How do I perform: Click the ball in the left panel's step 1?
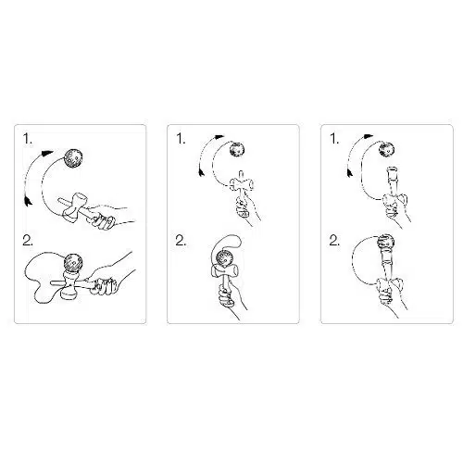pos(73,159)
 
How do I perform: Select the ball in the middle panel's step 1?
pos(238,150)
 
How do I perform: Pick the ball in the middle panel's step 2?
pos(224,258)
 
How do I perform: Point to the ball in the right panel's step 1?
pos(387,150)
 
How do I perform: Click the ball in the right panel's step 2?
pos(386,243)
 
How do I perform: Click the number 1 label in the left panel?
pos(28,139)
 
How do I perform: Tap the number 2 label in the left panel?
pos(28,241)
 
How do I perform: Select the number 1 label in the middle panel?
pos(181,139)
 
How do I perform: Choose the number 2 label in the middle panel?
pos(181,241)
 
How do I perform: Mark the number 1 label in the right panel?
pos(334,139)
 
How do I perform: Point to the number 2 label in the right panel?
pos(334,241)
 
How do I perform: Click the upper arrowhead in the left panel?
pos(47,153)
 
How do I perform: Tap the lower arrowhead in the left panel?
pos(28,201)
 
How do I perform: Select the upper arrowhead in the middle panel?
pos(219,136)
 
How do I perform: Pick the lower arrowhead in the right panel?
pos(350,173)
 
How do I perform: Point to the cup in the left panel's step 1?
pos(74,206)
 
